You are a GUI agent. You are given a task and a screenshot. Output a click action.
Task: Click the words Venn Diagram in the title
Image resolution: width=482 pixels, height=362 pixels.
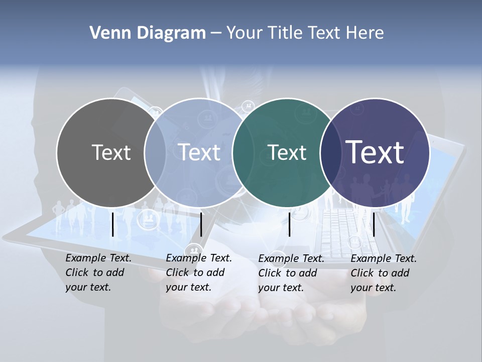coord(148,33)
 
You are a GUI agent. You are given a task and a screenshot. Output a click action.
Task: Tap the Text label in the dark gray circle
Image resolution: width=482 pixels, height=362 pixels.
coord(111,152)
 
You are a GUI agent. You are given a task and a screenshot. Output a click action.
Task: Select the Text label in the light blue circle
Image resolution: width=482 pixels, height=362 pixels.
coord(199,152)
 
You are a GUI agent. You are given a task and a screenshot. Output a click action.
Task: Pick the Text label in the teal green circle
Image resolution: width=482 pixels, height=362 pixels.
coord(287,152)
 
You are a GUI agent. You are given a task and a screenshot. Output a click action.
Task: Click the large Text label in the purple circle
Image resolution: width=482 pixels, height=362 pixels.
coord(375,152)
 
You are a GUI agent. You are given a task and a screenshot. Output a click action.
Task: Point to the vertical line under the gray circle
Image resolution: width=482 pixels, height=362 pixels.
coord(112,224)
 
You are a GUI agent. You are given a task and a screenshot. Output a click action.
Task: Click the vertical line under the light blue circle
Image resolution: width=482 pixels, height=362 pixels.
coord(201,224)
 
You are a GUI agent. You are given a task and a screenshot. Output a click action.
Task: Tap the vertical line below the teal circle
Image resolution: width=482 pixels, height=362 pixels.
coord(289,224)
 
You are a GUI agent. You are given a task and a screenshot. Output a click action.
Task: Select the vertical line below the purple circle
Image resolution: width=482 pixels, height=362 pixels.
coord(374,224)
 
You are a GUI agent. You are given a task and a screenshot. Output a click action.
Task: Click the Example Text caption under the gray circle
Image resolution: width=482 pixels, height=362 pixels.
coord(98,273)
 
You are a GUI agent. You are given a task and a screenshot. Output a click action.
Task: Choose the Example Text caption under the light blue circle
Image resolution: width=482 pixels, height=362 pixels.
coord(199,273)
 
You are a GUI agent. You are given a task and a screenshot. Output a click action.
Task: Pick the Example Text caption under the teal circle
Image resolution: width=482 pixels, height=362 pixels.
coord(291,273)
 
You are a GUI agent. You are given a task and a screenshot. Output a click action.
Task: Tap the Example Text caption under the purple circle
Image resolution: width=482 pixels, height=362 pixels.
coord(384,273)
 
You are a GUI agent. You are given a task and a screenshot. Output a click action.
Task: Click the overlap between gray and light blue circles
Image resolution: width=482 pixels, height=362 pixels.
coord(155,152)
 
